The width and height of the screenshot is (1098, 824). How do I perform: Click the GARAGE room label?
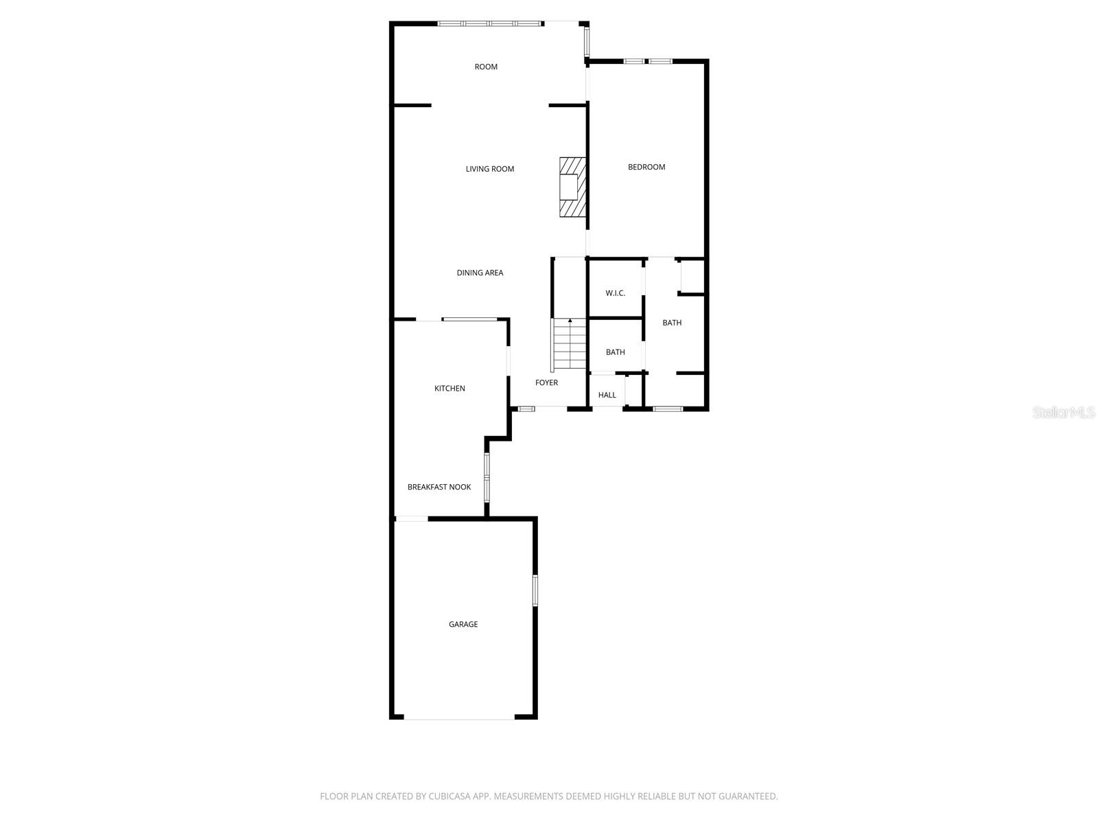pos(463,624)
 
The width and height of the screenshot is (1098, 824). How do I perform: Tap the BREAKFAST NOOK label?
pos(439,487)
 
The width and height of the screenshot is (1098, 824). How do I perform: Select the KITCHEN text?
pos(449,389)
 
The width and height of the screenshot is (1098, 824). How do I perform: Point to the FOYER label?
pos(546,382)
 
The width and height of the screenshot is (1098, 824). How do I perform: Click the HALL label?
pos(607,395)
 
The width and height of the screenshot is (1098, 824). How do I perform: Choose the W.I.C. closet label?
pos(615,293)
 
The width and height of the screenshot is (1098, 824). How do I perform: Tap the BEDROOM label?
pos(646,167)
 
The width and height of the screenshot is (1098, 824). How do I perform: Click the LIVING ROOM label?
pos(489,169)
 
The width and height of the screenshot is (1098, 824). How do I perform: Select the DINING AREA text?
pos(480,273)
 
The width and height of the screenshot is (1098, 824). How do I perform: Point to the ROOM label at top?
pos(486,67)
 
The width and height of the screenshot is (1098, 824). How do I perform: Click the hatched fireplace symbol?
pos(572,187)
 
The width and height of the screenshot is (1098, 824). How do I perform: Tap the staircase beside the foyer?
pos(570,347)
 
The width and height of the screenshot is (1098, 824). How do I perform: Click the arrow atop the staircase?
pos(570,321)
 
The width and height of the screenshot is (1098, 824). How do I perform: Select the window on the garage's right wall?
pos(535,591)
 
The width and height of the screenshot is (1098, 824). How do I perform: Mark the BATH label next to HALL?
pos(615,352)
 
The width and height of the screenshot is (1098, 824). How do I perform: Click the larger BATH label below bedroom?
pos(672,323)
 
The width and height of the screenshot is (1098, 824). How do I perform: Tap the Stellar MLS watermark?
pos(1063,413)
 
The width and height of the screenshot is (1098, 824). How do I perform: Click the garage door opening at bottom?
pos(458,718)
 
